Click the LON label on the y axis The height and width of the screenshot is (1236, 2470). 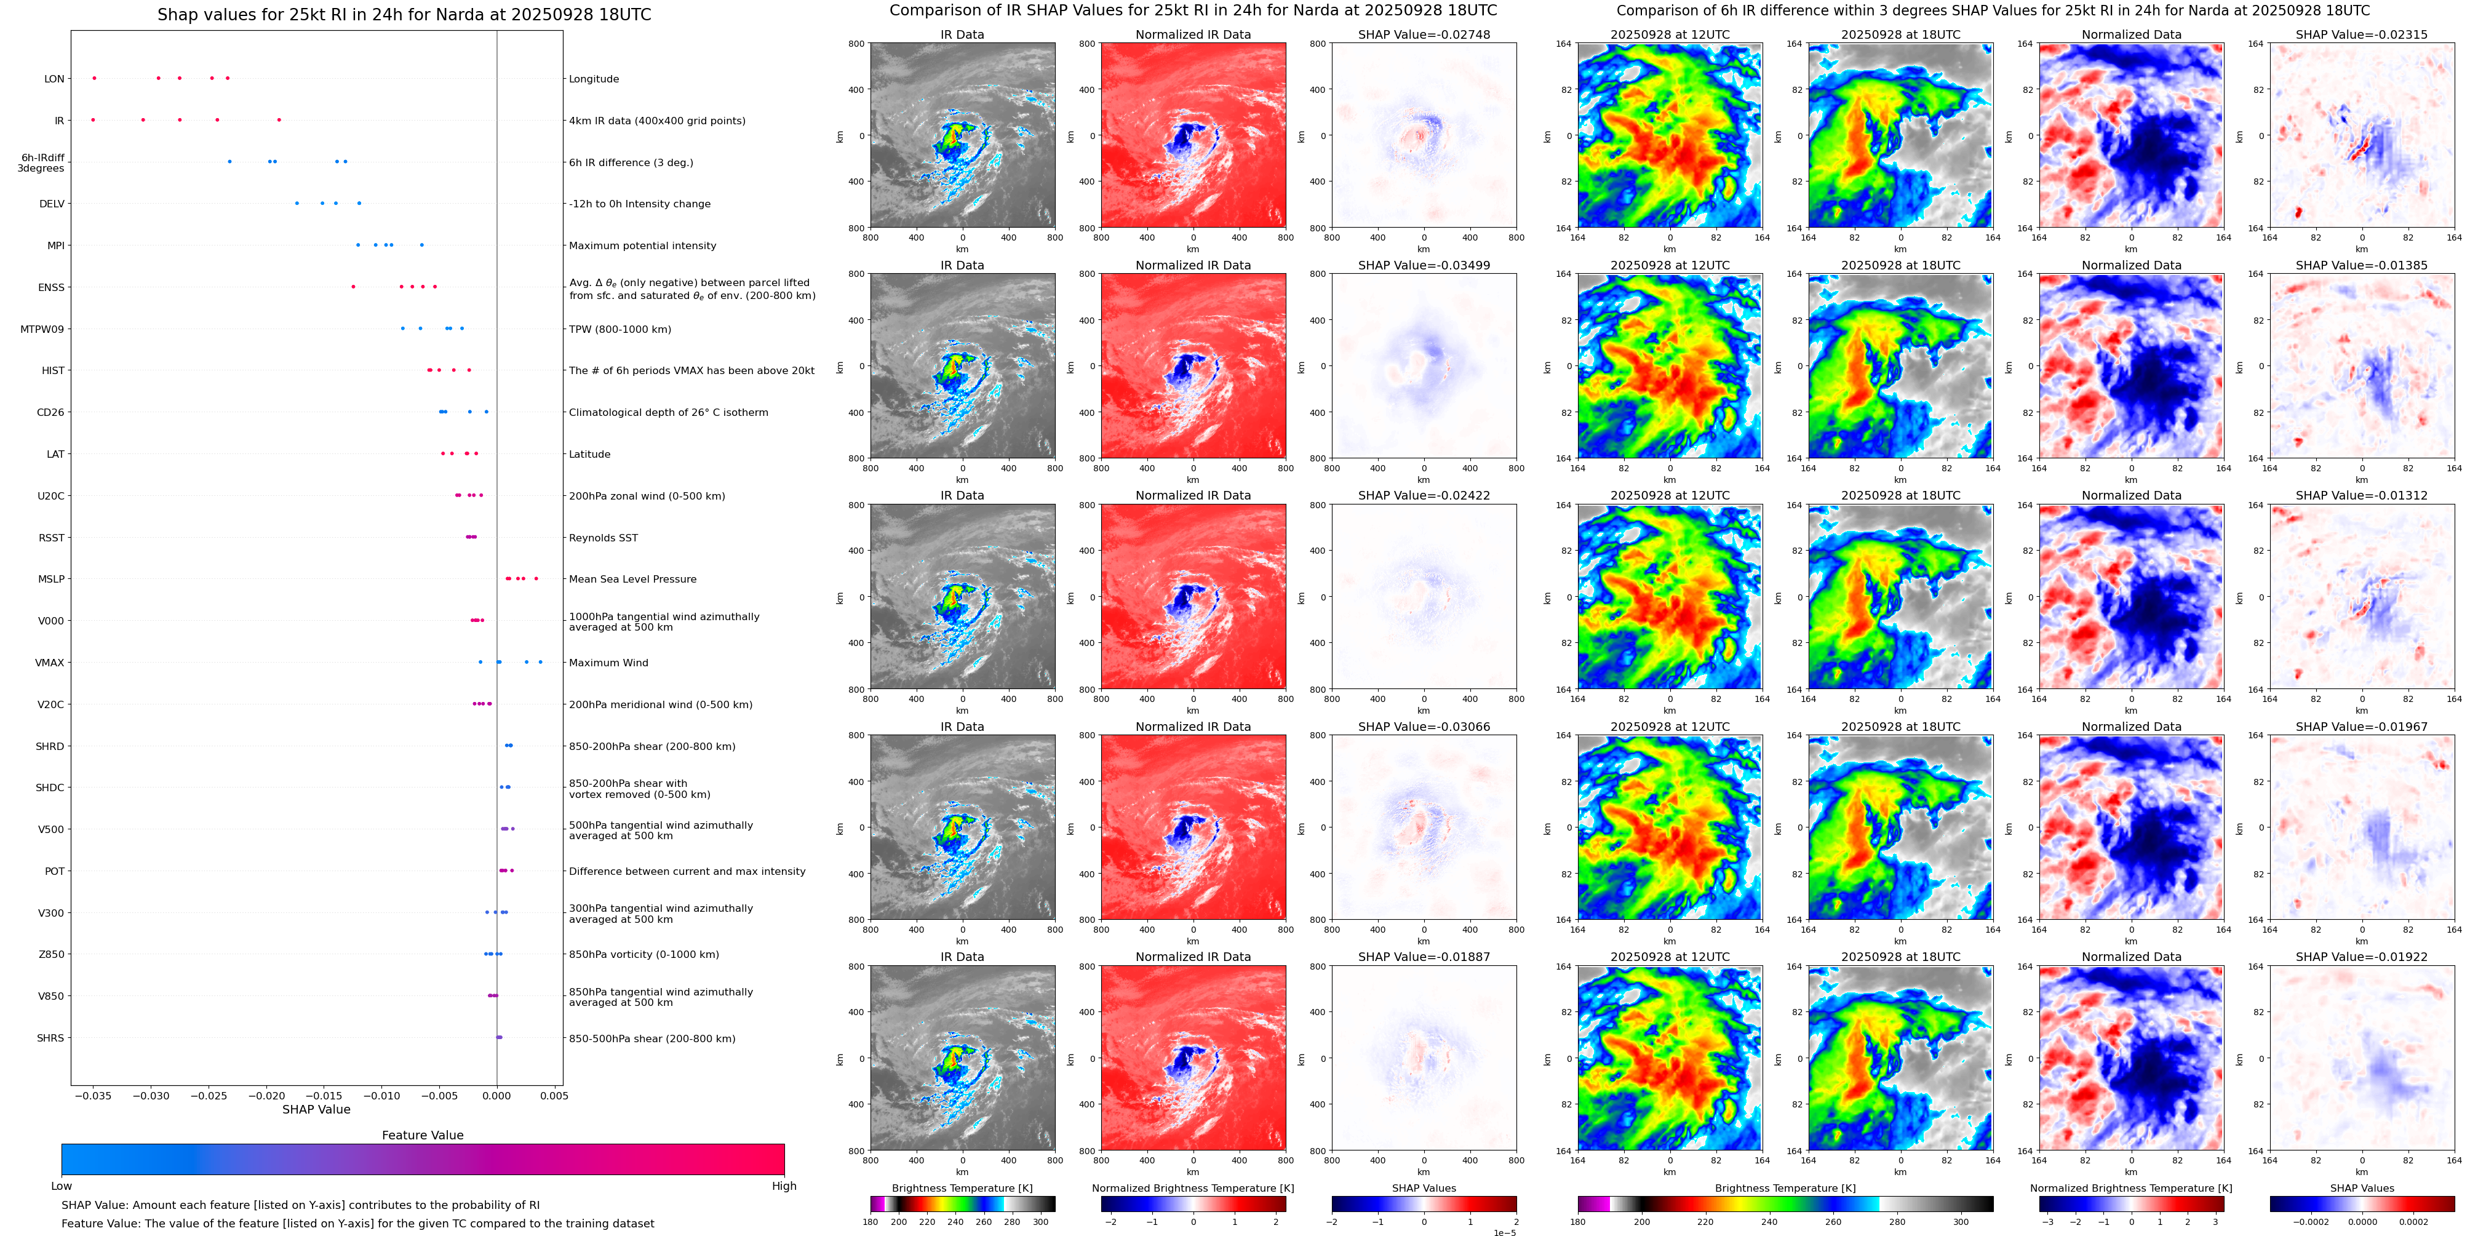pos(55,79)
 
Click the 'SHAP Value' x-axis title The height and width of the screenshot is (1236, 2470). pos(316,1109)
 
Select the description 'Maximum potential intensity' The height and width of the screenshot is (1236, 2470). pos(642,245)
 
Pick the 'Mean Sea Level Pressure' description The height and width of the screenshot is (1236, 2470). pos(633,579)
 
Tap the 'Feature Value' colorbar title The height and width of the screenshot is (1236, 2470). pos(423,1135)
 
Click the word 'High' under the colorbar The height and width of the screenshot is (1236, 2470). pos(784,1186)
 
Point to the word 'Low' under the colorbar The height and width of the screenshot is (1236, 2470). pos(62,1186)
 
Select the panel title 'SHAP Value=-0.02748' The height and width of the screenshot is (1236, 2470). pos(1424,34)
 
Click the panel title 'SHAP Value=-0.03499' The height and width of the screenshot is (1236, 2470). pos(1424,266)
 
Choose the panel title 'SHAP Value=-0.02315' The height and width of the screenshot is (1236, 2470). pos(2362,34)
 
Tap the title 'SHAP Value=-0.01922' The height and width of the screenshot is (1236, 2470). pos(2362,957)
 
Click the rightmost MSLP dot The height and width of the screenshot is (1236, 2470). pos(536,578)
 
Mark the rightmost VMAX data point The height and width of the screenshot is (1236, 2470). pos(540,661)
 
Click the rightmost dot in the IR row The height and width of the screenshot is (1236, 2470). pos(279,120)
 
